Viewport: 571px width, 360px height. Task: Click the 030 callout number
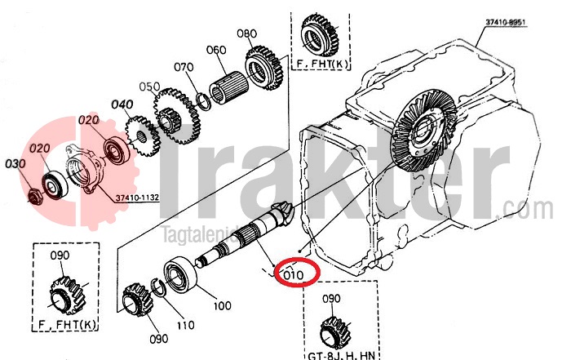click(x=15, y=164)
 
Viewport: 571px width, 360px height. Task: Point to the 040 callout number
click(x=122, y=104)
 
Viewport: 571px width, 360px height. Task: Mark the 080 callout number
click(x=246, y=33)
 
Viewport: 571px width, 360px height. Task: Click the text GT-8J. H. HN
click(x=340, y=354)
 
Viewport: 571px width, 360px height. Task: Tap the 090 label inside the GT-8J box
click(x=332, y=298)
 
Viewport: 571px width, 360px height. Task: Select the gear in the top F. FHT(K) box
click(x=316, y=32)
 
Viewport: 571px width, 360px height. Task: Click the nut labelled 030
click(x=33, y=197)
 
